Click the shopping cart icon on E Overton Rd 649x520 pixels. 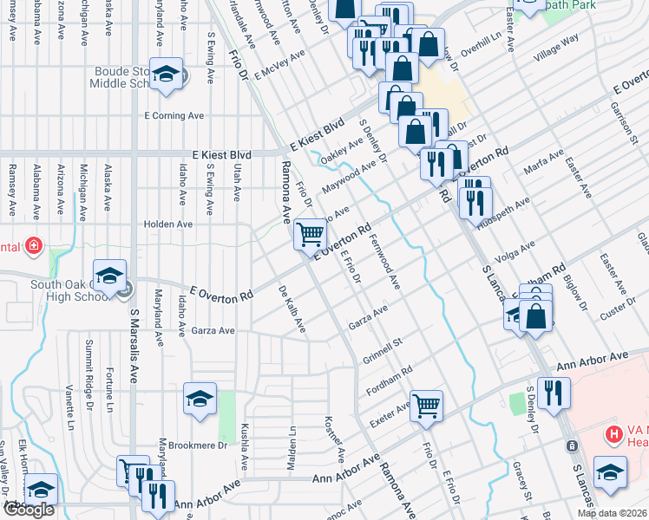click(x=311, y=233)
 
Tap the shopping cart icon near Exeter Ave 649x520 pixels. click(x=426, y=405)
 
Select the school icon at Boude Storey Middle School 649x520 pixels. click(x=164, y=75)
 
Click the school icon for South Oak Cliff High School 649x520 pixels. click(x=110, y=276)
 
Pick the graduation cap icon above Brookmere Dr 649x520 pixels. click(x=200, y=399)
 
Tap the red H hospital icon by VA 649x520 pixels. click(x=613, y=433)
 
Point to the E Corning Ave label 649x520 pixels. click(x=174, y=115)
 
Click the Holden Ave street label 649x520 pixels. click(x=168, y=224)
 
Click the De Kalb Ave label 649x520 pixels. click(x=292, y=309)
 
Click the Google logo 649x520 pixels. click(x=29, y=510)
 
